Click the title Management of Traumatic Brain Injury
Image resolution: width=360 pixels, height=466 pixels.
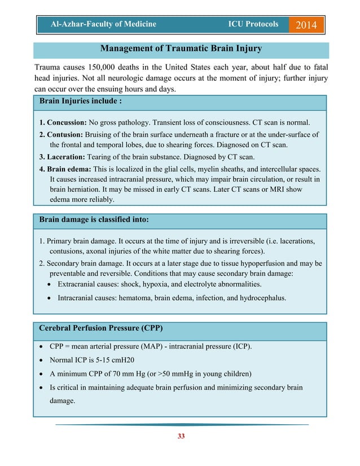[x=180, y=49]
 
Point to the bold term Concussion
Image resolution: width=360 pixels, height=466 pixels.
[x=63, y=122]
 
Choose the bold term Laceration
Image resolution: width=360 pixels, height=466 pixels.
[x=63, y=157]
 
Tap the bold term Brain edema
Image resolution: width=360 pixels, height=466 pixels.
[x=66, y=169]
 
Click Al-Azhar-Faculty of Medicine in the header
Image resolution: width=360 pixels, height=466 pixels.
[x=103, y=24]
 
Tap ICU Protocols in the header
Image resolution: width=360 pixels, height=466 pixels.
[x=253, y=24]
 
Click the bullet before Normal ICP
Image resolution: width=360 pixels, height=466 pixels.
[x=43, y=360]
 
